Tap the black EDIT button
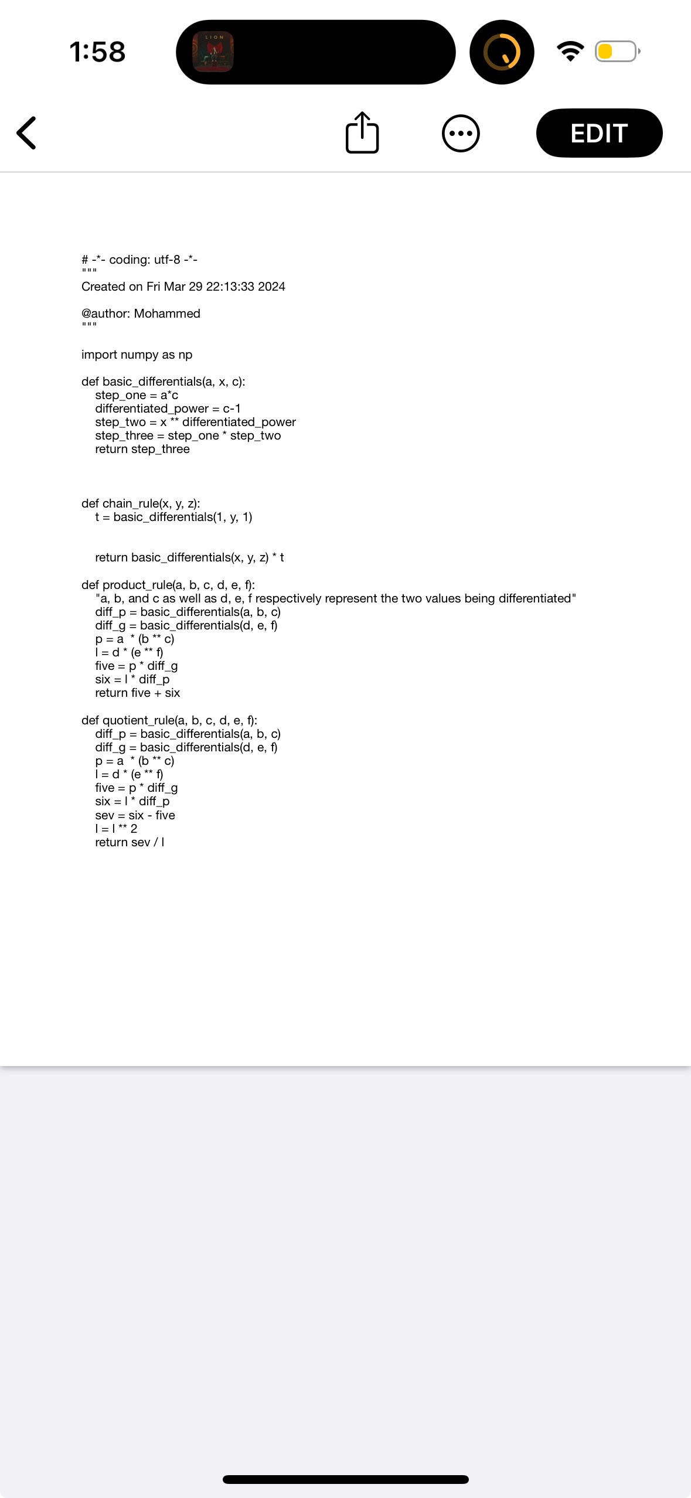pos(599,133)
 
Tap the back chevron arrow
pos(27,133)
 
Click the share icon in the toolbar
pos(362,133)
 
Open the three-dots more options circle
pos(461,133)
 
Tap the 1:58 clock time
pos(97,52)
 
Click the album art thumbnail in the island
pos(213,52)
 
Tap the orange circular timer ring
pos(502,52)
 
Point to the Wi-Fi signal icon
pos(570,51)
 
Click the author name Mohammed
pos(167,314)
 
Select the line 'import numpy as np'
pos(137,355)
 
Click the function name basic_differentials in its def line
pos(151,382)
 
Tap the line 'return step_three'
pos(142,449)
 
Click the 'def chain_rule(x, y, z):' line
pos(141,503)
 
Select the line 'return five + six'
pos(137,693)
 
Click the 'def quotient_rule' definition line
pos(169,720)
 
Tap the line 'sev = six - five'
pos(135,815)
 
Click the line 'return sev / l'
pos(130,842)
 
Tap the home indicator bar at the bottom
pos(346,1479)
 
